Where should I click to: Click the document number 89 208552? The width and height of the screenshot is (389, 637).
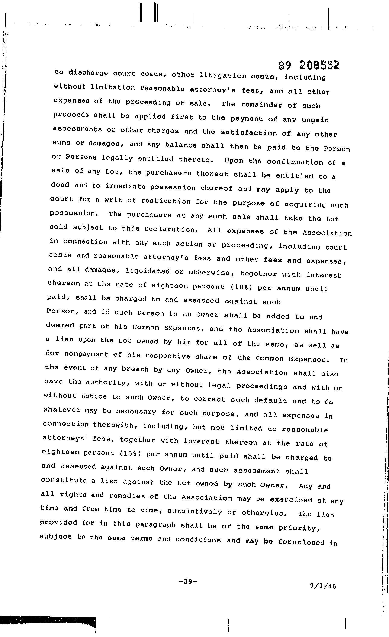[309, 65]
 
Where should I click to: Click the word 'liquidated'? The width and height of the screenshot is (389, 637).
[147, 271]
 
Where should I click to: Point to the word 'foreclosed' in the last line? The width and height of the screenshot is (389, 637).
[301, 542]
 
